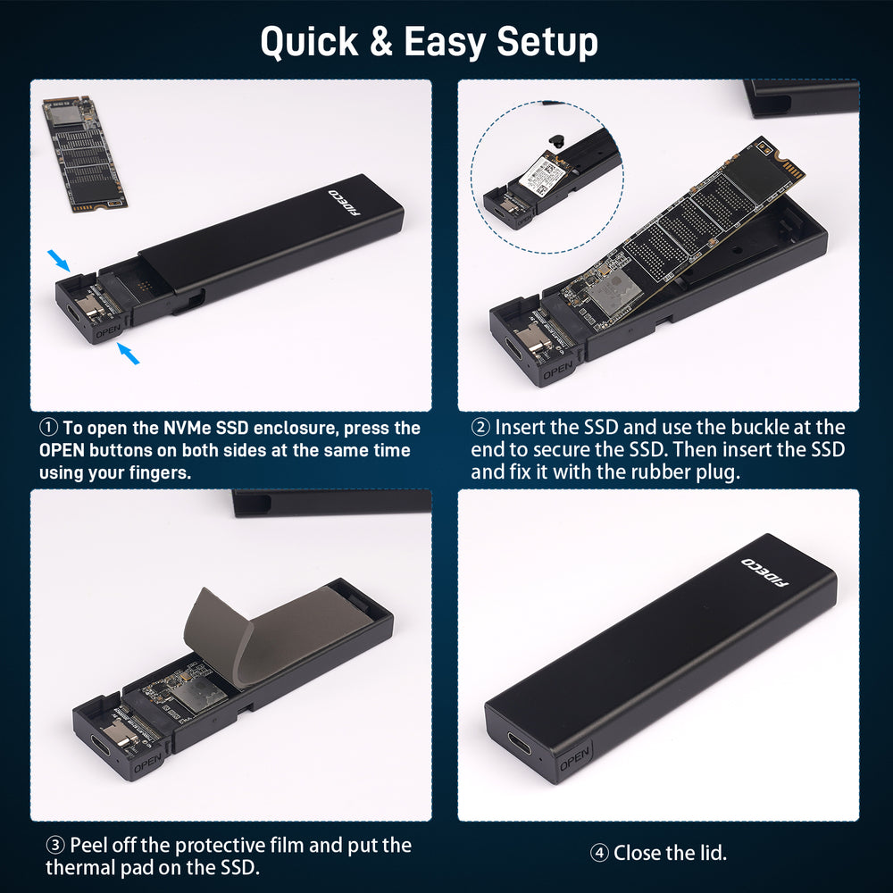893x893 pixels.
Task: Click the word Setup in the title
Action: (x=547, y=42)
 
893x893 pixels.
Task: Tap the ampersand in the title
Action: (x=381, y=41)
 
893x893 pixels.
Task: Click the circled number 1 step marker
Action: (x=48, y=427)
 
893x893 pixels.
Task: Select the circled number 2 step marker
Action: (x=480, y=427)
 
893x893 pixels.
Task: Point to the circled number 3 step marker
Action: (x=55, y=845)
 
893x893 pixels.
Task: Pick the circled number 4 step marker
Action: (x=599, y=853)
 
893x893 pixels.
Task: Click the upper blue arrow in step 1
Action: (x=59, y=260)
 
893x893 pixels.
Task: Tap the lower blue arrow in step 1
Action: (x=128, y=353)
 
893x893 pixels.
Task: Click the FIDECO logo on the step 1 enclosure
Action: (x=345, y=203)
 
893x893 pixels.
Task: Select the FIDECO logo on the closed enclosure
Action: (x=765, y=572)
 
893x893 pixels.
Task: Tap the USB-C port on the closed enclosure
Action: (x=520, y=743)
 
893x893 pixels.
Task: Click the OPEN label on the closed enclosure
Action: (x=574, y=758)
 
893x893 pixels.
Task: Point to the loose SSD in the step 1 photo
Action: (x=85, y=154)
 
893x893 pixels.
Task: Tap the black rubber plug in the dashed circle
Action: (x=556, y=141)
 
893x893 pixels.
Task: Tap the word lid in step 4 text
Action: (x=713, y=853)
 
